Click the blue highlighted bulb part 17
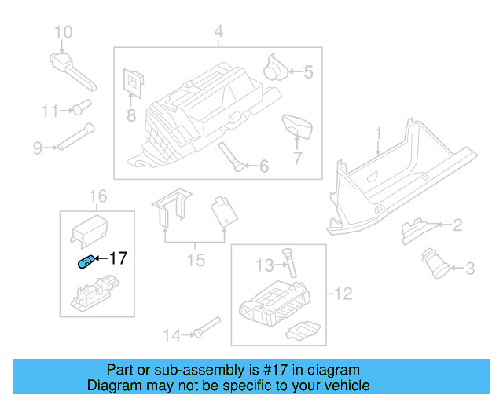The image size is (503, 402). click(85, 262)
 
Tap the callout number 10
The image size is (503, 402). click(63, 32)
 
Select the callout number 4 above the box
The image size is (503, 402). click(218, 32)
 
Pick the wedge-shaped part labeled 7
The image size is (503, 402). click(296, 124)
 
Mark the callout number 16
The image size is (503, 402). click(97, 195)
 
